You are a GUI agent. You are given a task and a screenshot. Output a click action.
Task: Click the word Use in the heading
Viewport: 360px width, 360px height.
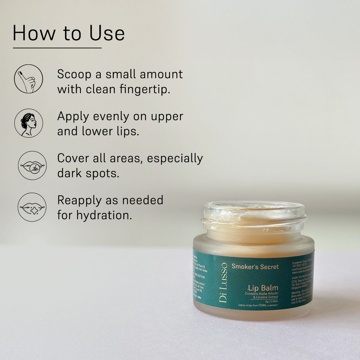point(107,33)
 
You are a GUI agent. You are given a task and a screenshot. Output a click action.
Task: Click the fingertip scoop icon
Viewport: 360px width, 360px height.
point(28,79)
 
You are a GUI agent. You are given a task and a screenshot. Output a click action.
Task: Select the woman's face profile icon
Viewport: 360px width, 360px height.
point(28,123)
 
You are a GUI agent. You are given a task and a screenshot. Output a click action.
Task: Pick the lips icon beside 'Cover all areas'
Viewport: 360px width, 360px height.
point(32,165)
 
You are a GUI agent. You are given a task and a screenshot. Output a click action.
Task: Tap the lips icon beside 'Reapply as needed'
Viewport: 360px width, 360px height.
point(32,207)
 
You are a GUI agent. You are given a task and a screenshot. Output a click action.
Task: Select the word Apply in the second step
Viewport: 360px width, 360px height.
point(73,117)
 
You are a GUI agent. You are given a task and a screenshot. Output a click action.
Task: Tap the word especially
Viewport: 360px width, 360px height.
point(175,158)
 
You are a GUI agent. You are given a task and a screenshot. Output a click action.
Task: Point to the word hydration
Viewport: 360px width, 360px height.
point(104,215)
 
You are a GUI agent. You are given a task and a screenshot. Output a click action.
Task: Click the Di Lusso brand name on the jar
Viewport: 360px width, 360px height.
point(223,283)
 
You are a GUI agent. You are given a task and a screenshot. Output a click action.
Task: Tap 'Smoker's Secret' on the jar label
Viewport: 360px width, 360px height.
point(255,267)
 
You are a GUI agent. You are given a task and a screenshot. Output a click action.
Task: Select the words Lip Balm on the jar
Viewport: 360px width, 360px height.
point(263,287)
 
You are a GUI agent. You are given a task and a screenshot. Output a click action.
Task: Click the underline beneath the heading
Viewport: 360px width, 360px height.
point(57,48)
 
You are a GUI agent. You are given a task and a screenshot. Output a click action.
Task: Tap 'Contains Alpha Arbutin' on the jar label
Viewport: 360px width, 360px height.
point(261,293)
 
